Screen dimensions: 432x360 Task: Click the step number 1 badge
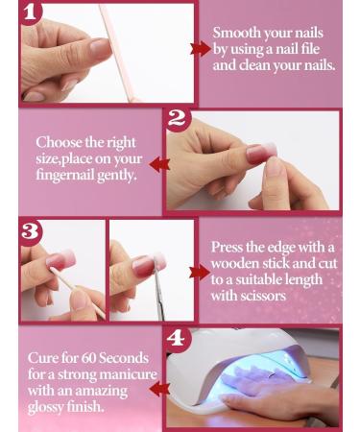tap(32, 12)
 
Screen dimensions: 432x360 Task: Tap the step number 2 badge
tap(177, 119)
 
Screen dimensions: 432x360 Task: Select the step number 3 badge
tap(31, 230)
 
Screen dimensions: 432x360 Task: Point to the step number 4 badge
tap(176, 339)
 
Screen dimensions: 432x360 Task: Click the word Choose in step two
tap(59, 142)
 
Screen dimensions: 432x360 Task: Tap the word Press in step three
tap(230, 247)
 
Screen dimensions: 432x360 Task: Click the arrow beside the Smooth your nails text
tap(201, 48)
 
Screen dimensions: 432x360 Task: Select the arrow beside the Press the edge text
tap(200, 272)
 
